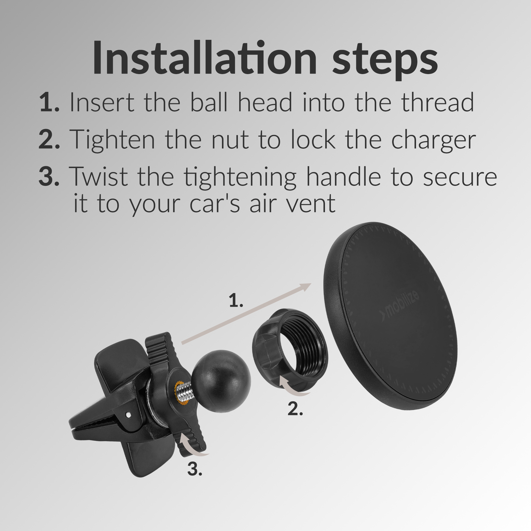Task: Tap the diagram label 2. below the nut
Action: pyautogui.click(x=295, y=409)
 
